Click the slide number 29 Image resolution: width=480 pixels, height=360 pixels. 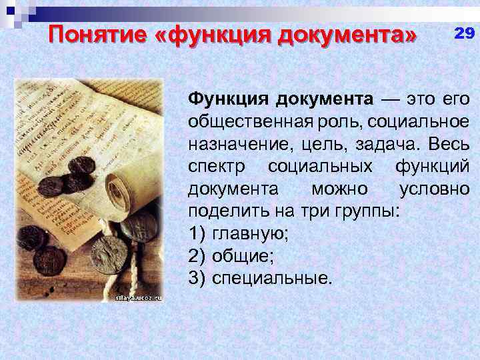click(x=465, y=34)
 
